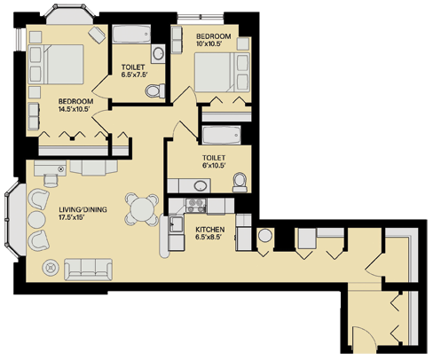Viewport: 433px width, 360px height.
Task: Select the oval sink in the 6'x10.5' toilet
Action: [x=201, y=185]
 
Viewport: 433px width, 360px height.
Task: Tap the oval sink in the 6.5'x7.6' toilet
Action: [x=158, y=54]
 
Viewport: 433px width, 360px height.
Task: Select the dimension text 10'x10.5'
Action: [x=214, y=45]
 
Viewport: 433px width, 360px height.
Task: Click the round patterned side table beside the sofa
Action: [x=50, y=265]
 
